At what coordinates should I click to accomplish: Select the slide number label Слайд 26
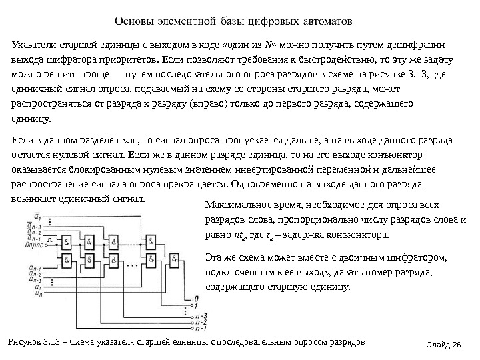click(x=446, y=344)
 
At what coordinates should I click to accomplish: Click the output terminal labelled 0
click(x=194, y=298)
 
